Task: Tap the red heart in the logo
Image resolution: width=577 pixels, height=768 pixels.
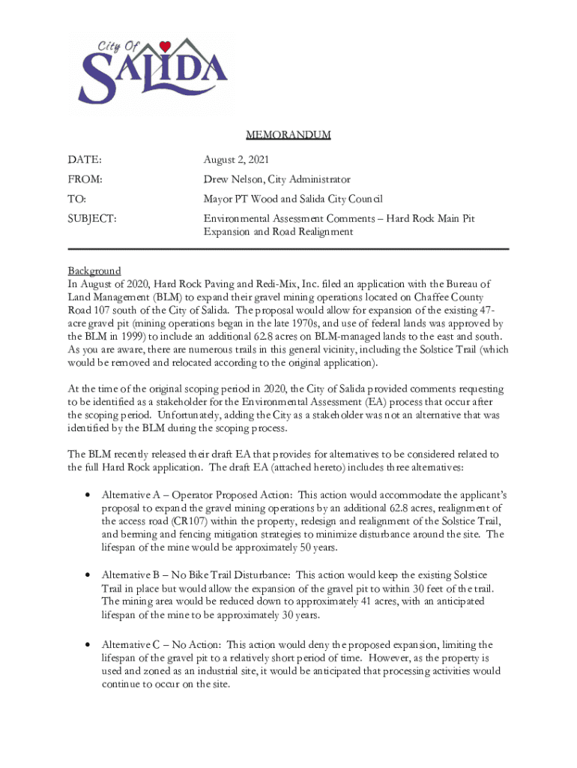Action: [x=166, y=45]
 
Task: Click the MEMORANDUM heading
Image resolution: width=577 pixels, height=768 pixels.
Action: [x=288, y=135]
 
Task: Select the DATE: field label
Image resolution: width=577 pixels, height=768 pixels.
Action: [x=85, y=160]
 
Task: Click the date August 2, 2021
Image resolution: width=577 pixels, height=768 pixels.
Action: [x=236, y=160]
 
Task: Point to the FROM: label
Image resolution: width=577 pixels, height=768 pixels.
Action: [x=85, y=179]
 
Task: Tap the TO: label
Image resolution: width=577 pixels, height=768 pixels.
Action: [x=77, y=199]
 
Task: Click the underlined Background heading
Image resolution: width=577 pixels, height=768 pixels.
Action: [x=94, y=271]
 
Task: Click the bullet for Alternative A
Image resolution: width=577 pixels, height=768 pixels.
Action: [x=88, y=496]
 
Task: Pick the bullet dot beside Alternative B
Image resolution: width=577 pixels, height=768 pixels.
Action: [x=88, y=574]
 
